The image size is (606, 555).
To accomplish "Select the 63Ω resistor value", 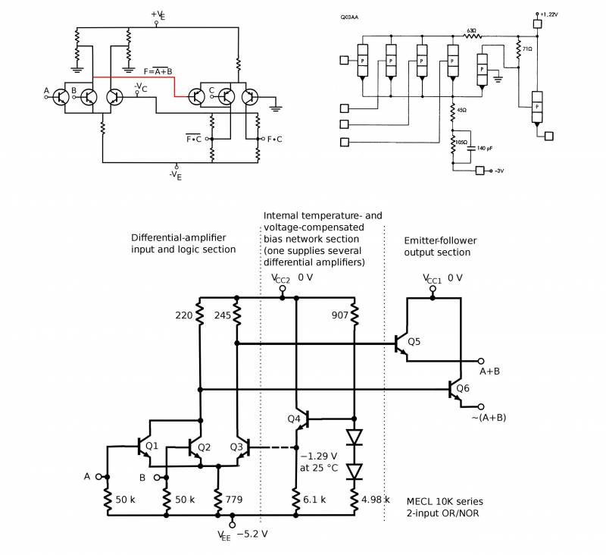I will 471,30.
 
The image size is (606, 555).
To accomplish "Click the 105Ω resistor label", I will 461,142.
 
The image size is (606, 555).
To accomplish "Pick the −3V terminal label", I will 498,171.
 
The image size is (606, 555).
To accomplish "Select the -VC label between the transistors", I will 140,86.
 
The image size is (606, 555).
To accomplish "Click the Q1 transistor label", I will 151,447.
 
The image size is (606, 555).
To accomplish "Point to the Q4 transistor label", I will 295,419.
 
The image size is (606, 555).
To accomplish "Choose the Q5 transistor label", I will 414,342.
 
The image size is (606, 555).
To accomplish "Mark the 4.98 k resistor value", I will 375,500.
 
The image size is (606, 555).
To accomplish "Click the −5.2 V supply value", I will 252,534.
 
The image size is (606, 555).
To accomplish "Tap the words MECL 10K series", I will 444,502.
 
